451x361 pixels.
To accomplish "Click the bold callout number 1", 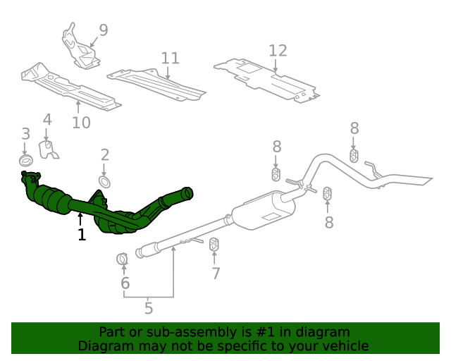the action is (82, 235).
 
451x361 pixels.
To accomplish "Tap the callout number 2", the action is (105, 155).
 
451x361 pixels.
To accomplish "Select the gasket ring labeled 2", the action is (104, 182).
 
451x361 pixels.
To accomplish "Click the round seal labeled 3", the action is (26, 160).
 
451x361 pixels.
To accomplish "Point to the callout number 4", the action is (47, 119).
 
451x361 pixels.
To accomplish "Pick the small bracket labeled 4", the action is (49, 149).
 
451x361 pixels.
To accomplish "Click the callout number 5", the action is (149, 308).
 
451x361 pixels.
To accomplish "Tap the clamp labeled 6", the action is (122, 259).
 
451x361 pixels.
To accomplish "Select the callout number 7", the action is (216, 274).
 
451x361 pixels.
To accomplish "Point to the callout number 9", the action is (104, 30).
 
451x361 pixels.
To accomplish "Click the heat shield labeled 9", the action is (80, 47).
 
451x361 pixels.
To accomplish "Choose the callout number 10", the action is (82, 123).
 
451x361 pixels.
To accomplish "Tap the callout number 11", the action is (171, 58).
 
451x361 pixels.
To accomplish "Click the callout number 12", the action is (278, 51).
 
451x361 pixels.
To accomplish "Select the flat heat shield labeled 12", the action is (266, 81).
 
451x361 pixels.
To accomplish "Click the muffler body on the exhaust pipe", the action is (264, 211).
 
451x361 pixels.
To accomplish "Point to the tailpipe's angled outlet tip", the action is (425, 180).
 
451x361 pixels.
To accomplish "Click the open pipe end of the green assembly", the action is (187, 192).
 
